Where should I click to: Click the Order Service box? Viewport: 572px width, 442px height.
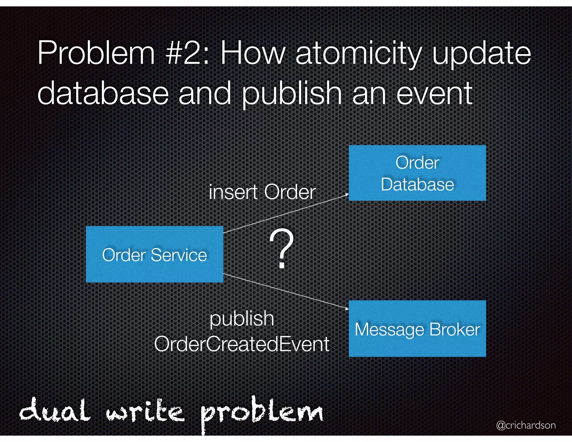pyautogui.click(x=154, y=254)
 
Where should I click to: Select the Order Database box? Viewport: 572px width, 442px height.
pyautogui.click(x=417, y=173)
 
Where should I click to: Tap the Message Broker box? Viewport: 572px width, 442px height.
pyautogui.click(x=417, y=329)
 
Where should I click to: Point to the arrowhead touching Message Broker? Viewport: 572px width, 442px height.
pyautogui.click(x=347, y=309)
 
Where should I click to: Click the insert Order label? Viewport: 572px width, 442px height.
pyautogui.click(x=262, y=192)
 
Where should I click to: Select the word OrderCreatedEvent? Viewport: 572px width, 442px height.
pyautogui.click(x=242, y=344)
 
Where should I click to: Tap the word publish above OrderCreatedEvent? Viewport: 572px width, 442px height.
pyautogui.click(x=242, y=319)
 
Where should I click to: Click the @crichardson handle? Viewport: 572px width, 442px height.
pyautogui.click(x=526, y=425)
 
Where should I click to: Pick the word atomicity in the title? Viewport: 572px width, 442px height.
pyautogui.click(x=358, y=54)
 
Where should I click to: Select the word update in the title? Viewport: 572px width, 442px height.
pyautogui.click(x=482, y=54)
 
